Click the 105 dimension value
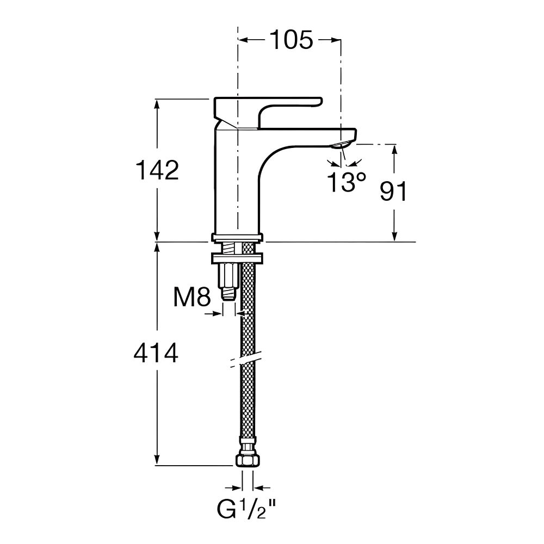tap(292, 40)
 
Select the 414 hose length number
tap(156, 353)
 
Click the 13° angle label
tap(347, 182)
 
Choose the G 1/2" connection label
tap(246, 509)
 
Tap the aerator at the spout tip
tap(342, 144)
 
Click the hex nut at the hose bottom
tap(248, 460)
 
